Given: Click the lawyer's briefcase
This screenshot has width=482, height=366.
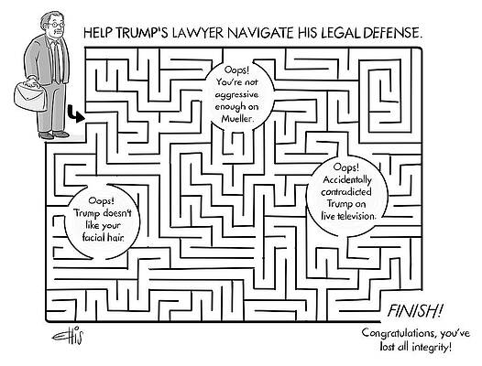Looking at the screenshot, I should tap(30, 95).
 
